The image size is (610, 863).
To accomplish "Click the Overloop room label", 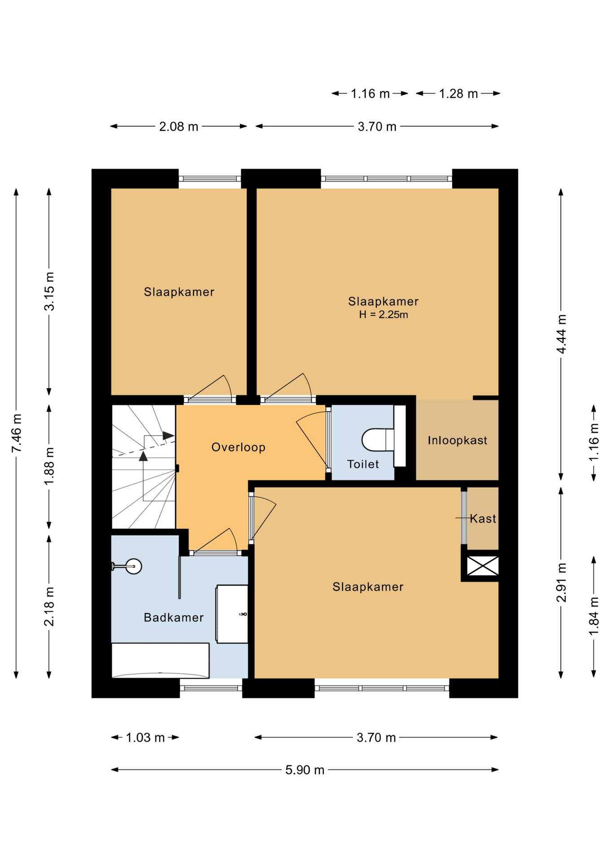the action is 238,447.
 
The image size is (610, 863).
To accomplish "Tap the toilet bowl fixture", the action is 378,440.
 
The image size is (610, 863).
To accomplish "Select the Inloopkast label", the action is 457,440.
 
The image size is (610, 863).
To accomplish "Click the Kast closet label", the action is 483,519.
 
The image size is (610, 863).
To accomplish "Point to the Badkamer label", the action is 174,618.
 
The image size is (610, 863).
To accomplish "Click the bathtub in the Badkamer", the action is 160,660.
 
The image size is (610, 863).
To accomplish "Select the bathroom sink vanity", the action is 232,614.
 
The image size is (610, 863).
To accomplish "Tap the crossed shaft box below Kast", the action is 483,566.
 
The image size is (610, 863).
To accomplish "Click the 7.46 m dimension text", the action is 16,433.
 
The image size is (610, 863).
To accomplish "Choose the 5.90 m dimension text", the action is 305,770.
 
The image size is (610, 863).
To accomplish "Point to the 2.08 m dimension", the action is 178,127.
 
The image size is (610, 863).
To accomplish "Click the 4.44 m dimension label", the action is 561,334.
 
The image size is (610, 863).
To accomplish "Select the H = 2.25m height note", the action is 383,315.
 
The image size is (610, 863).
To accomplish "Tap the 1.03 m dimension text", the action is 145,738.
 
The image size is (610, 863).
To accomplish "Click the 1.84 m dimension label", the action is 594,616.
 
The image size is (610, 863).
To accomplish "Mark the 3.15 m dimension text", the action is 49,291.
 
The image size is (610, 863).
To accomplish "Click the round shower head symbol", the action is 133,566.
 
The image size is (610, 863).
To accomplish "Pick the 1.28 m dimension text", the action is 458,93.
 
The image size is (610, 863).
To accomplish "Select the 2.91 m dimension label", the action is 561,583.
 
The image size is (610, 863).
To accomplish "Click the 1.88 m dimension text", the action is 49,466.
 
